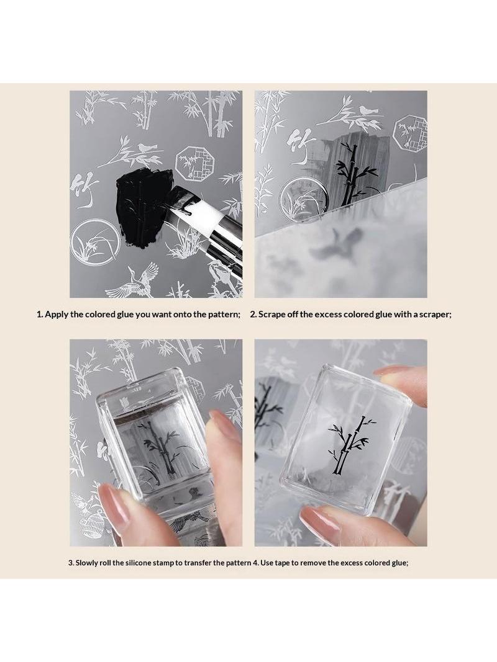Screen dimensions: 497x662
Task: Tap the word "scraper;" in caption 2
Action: [435, 315]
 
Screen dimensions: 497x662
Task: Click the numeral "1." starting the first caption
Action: [40, 315]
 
